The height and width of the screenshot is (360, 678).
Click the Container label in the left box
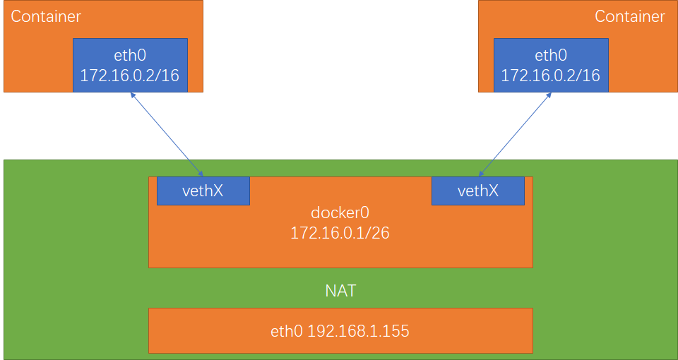click(x=46, y=16)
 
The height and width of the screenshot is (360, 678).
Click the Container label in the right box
click(x=630, y=16)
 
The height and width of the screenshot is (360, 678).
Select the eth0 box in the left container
click(x=130, y=65)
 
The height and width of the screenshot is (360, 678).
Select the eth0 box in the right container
click(x=551, y=65)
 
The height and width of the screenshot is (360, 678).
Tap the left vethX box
click(x=203, y=191)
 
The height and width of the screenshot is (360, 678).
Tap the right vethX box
click(x=477, y=191)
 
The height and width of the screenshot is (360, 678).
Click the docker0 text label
click(x=340, y=213)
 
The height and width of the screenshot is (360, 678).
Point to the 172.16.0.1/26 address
click(x=340, y=232)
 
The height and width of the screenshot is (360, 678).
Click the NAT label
click(x=340, y=291)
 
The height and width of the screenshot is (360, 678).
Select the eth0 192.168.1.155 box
click(x=340, y=330)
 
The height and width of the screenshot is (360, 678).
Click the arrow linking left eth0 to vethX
click(x=167, y=134)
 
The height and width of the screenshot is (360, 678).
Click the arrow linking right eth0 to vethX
click(x=515, y=134)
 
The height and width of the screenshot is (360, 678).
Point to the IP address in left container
click(x=130, y=76)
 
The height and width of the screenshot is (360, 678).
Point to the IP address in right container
click(x=551, y=76)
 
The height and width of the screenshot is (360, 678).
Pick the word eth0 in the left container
click(x=130, y=56)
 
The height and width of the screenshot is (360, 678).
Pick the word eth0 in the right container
click(x=551, y=56)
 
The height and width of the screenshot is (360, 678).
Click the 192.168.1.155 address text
click(x=358, y=330)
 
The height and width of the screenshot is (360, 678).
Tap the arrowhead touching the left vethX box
click(x=201, y=174)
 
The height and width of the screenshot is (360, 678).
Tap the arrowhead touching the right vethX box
click(x=480, y=174)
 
